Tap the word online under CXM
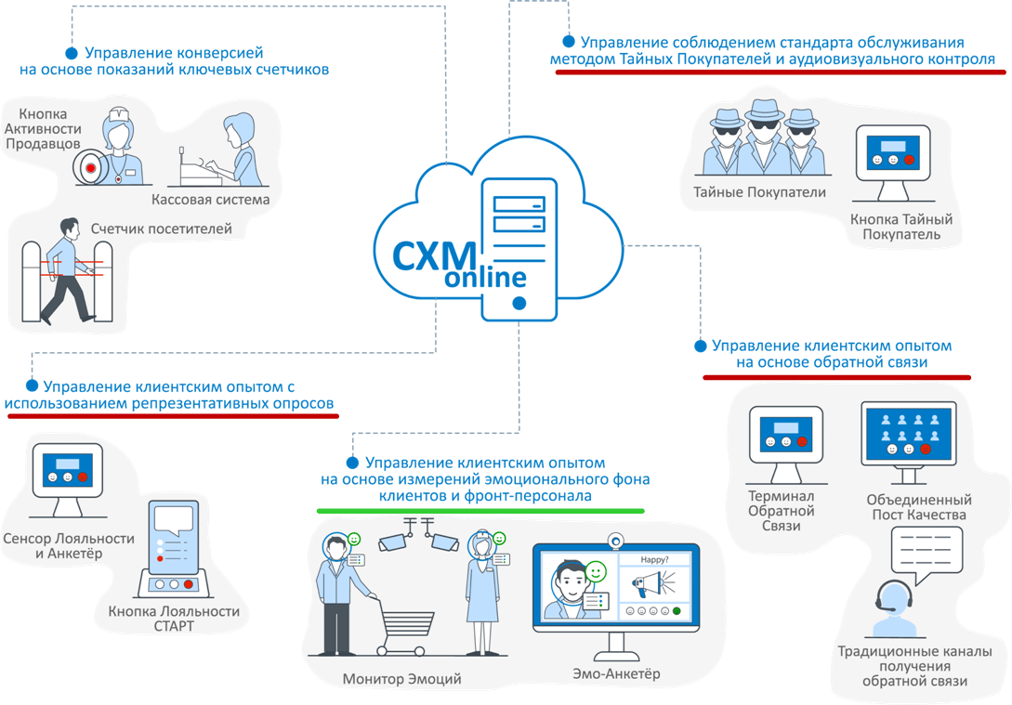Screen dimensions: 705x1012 pos(485,277)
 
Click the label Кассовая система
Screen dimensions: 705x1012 pos(210,200)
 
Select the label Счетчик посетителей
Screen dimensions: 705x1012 pos(162,228)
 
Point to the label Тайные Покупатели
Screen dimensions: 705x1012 pos(759,192)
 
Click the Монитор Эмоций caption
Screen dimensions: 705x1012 pos(401,679)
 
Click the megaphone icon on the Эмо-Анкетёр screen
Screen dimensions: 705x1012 pos(651,586)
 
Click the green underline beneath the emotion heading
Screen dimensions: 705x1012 pos(480,511)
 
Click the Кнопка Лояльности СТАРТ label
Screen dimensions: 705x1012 pos(174,619)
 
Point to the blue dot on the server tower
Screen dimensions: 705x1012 pos(519,303)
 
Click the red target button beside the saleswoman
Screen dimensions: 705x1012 pos(90,167)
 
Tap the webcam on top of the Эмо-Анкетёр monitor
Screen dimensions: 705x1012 pos(614,539)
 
